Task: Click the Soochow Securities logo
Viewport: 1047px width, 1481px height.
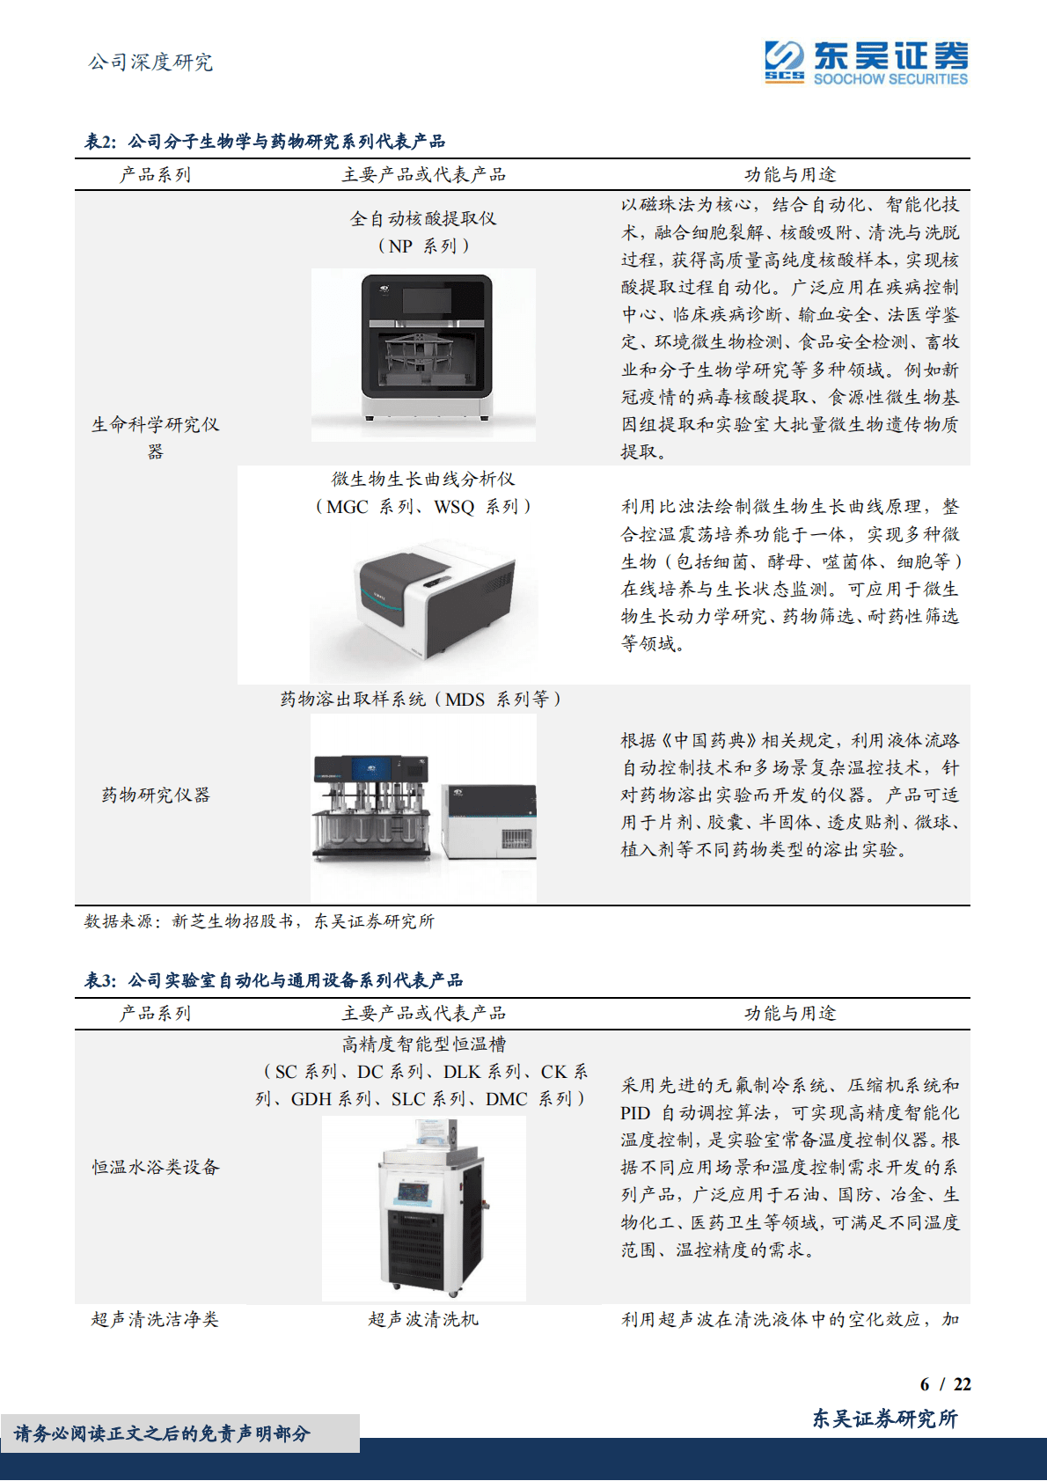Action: pos(866,62)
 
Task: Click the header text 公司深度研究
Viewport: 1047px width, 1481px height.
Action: pos(150,62)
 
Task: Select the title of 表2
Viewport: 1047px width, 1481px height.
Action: pos(265,142)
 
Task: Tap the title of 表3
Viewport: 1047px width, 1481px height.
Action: pos(274,980)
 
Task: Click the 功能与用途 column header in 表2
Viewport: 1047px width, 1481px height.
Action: pos(789,175)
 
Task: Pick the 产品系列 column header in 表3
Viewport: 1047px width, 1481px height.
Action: pos(155,1014)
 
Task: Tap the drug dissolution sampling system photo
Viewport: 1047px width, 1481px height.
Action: pos(424,808)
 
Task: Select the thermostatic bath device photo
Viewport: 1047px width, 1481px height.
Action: pos(425,1207)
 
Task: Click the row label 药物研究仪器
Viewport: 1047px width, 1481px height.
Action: pos(156,795)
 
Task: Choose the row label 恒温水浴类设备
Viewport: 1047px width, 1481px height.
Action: pos(156,1168)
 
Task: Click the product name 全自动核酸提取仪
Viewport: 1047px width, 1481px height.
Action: pos(423,219)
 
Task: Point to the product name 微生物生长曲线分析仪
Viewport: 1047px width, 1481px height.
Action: pos(423,480)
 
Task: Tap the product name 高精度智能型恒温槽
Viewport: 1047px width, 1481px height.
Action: pos(423,1045)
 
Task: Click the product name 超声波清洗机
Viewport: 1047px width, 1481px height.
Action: pos(423,1320)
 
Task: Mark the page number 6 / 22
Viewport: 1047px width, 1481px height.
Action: pos(945,1384)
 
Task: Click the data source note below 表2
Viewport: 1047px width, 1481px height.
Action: pos(259,921)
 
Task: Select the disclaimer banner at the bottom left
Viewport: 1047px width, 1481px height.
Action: pos(164,1433)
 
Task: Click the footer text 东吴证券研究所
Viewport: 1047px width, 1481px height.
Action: pos(884,1419)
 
